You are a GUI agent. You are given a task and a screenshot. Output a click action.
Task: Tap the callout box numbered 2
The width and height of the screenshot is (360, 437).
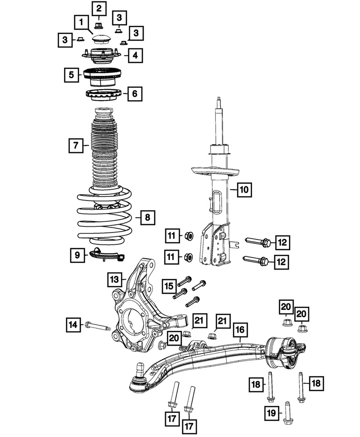click(98, 8)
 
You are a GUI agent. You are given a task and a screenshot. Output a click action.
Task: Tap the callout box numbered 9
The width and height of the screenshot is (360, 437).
click(77, 254)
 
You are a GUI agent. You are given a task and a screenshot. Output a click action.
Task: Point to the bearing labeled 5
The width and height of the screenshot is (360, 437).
click(102, 76)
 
